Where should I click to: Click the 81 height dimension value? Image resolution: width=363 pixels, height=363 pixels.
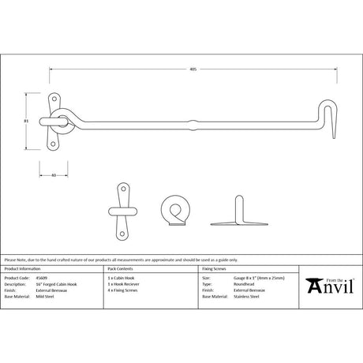point(27,120)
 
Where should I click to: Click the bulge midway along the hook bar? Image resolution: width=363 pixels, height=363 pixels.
point(193,122)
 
